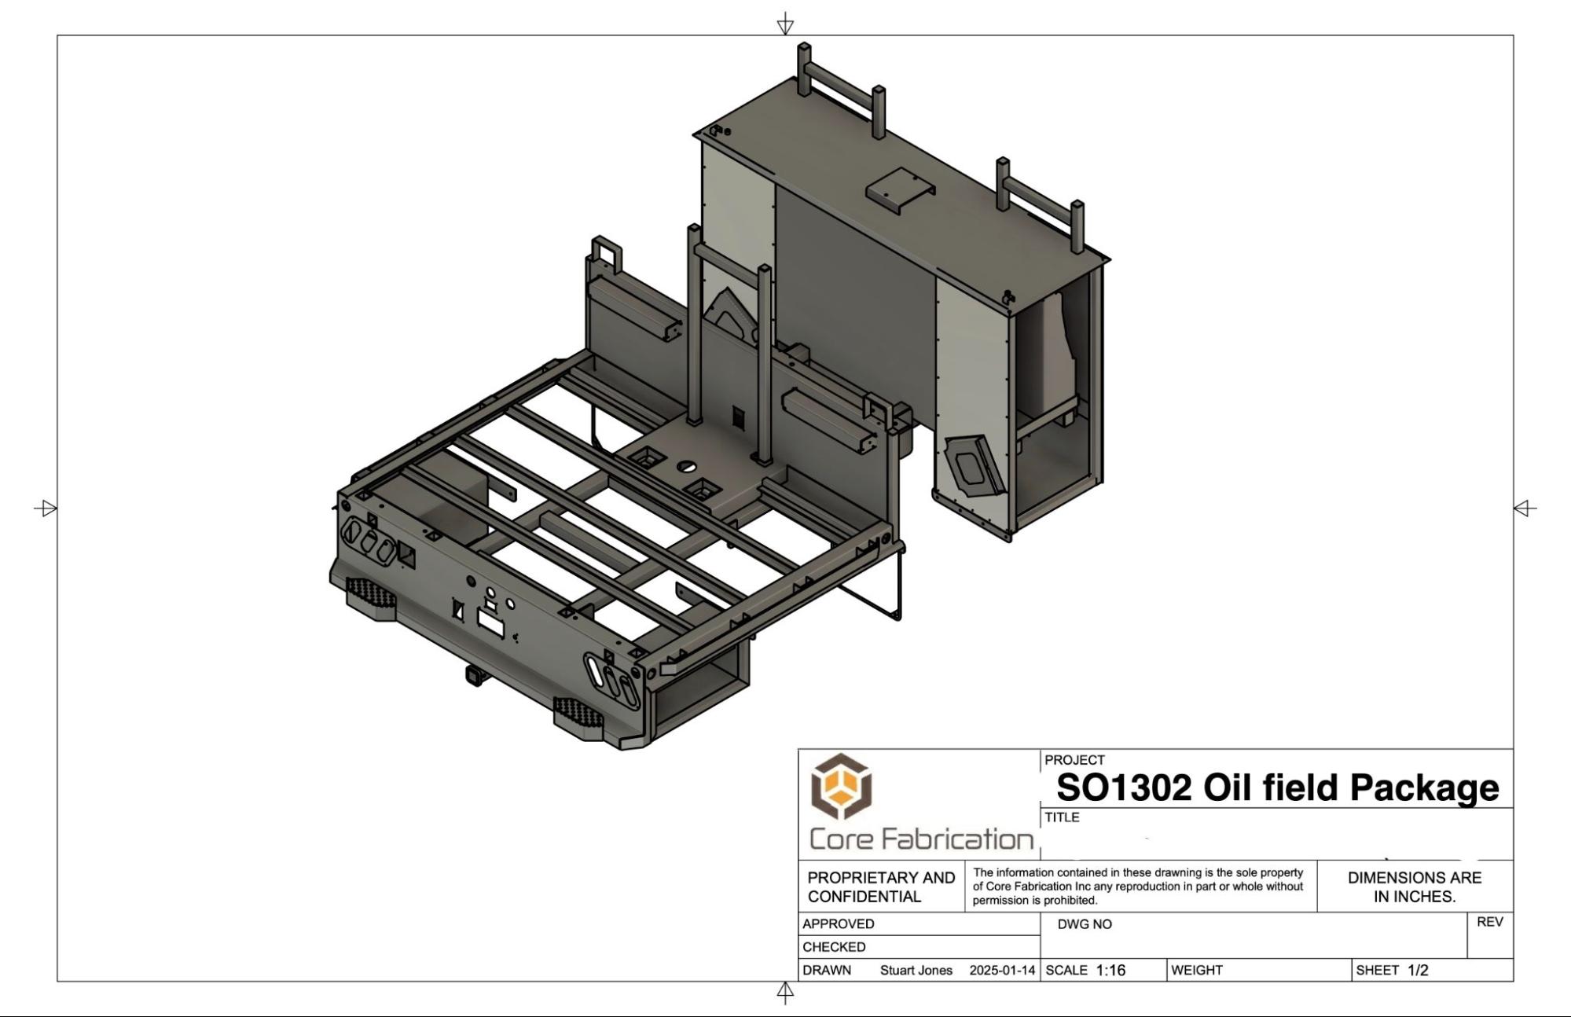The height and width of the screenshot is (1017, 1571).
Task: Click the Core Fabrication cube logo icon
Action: pyautogui.click(x=842, y=786)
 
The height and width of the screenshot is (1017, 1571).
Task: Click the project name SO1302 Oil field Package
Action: pyautogui.click(x=1277, y=787)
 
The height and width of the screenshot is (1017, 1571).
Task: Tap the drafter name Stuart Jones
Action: pyautogui.click(x=916, y=971)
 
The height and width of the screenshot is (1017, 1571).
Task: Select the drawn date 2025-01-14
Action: pyautogui.click(x=1002, y=971)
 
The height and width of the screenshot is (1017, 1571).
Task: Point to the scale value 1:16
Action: pyautogui.click(x=1110, y=971)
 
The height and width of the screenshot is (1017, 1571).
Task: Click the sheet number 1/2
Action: pyautogui.click(x=1418, y=971)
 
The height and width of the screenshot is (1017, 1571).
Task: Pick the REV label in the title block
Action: pyautogui.click(x=1489, y=922)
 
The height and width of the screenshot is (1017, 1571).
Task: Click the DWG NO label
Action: pyautogui.click(x=1085, y=924)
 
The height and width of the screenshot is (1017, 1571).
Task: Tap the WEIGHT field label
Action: pyautogui.click(x=1197, y=971)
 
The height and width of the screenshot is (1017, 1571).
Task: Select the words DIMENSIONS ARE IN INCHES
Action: pyautogui.click(x=1415, y=887)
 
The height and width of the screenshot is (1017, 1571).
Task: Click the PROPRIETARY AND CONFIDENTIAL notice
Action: pyautogui.click(x=881, y=887)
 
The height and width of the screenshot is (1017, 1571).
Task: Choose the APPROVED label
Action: pyautogui.click(x=839, y=924)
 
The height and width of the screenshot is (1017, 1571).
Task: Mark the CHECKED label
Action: pyautogui.click(x=834, y=947)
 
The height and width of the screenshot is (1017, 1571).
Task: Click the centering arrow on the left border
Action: pyautogui.click(x=47, y=508)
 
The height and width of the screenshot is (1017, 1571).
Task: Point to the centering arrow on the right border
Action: pyautogui.click(x=1524, y=508)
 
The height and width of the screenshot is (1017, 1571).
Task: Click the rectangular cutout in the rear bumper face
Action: pyautogui.click(x=491, y=625)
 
